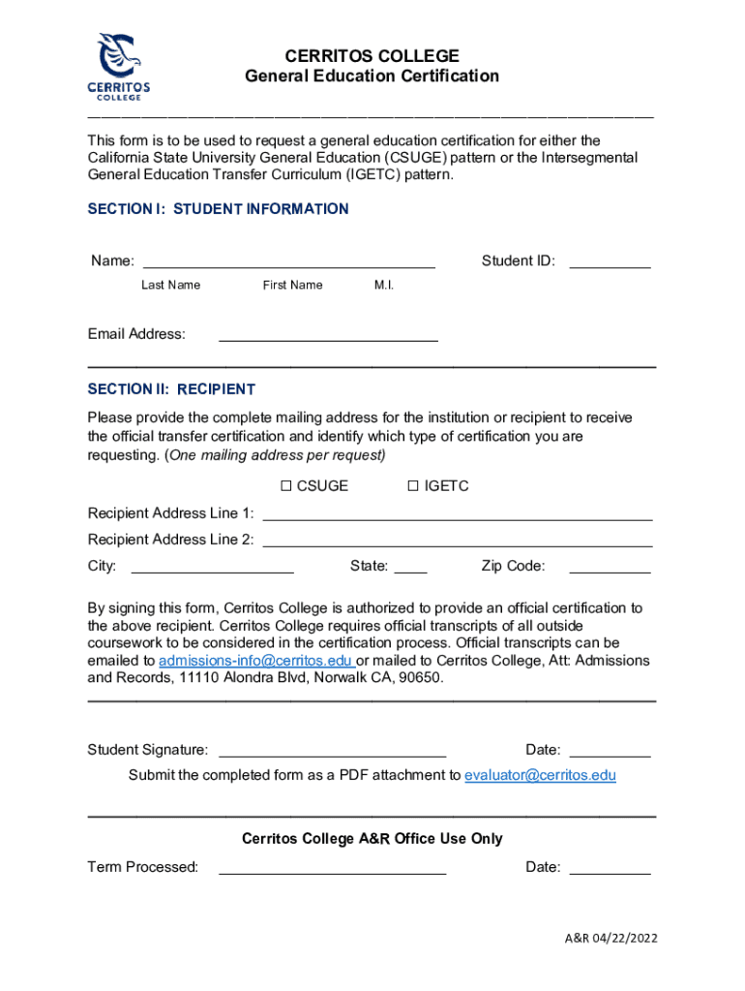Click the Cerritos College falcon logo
[x=121, y=67]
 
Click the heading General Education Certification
[x=372, y=76]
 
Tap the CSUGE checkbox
[x=286, y=486]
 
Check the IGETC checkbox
[x=413, y=486]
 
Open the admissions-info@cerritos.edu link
[x=255, y=661]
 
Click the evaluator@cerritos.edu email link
[x=540, y=775]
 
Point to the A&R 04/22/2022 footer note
[x=612, y=939]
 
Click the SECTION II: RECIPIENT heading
[x=171, y=389]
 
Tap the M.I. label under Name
[x=384, y=285]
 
